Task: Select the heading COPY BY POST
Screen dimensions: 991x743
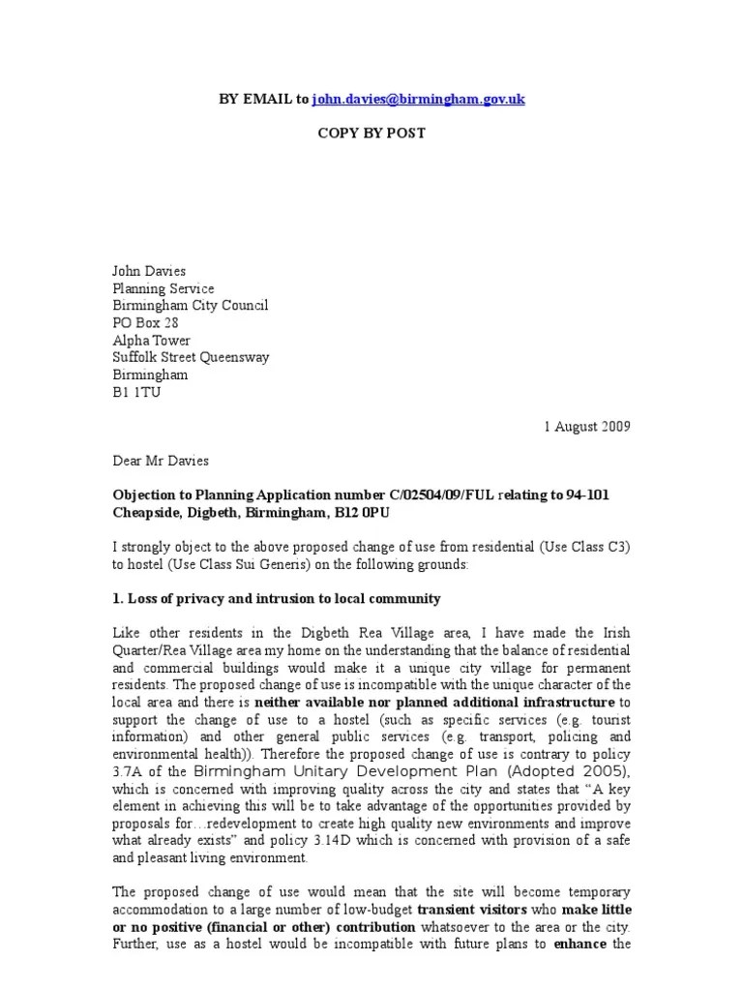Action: click(371, 133)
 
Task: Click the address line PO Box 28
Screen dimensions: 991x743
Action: click(146, 323)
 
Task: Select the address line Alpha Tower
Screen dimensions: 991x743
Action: click(152, 341)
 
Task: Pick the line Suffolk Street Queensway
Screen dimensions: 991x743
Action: click(191, 357)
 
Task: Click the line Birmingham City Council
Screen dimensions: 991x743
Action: click(191, 306)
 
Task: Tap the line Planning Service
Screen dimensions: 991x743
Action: click(163, 288)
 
